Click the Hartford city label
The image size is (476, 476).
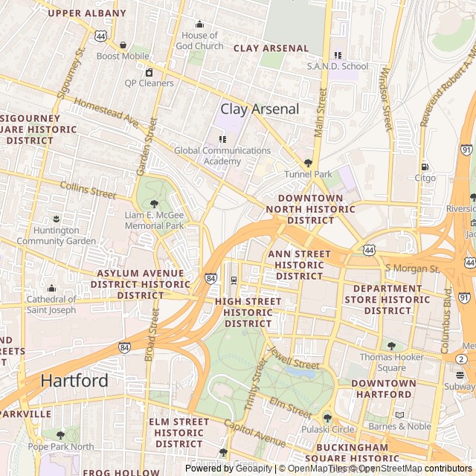click(74, 380)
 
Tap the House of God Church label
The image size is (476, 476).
click(199, 40)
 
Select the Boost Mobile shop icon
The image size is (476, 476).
click(123, 45)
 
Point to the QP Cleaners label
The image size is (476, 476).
click(149, 83)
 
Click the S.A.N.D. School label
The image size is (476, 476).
click(338, 66)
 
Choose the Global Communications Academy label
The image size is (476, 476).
click(222, 155)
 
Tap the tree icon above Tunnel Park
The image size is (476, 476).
click(308, 163)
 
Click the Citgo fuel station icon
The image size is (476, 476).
click(425, 167)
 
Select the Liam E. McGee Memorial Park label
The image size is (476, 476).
click(153, 220)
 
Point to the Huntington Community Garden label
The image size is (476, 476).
click(56, 236)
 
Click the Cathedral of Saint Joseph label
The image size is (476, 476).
click(51, 305)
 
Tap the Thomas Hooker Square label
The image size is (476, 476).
click(393, 362)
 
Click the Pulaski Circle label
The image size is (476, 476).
click(327, 429)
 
